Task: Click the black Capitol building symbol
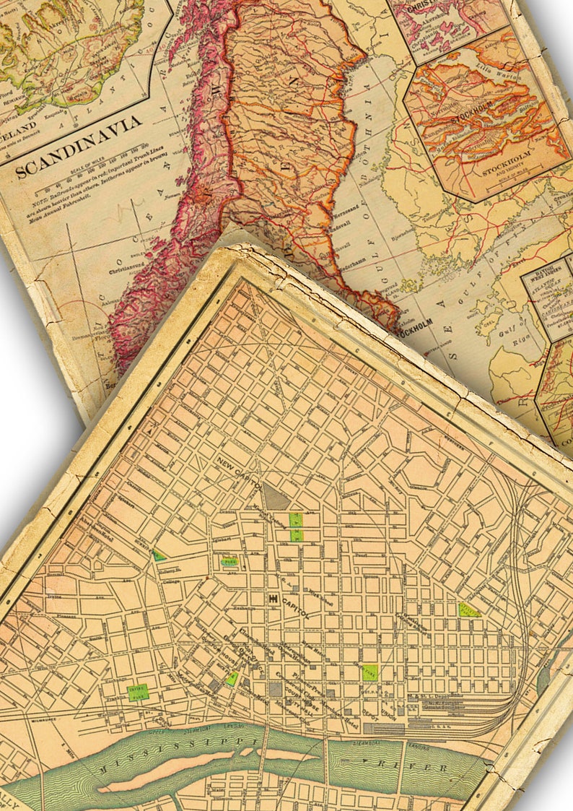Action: (x=274, y=599)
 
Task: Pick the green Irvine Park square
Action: (x=137, y=691)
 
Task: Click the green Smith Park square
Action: (x=370, y=672)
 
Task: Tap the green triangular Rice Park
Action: (x=232, y=679)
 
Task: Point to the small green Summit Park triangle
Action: (x=159, y=555)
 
